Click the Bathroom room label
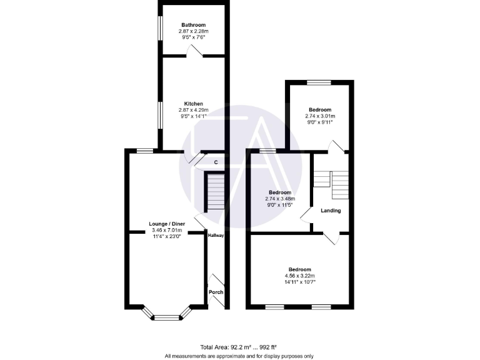193,25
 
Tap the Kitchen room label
193,104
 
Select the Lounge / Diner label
167,224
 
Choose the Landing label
331,211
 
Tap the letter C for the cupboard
216,162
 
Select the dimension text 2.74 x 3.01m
320,116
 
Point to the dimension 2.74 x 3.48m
280,199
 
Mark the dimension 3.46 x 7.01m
167,230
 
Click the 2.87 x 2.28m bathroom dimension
193,31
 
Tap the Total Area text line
239,347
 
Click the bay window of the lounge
166,317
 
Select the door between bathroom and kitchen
194,56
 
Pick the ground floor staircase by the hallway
214,192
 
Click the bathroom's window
160,29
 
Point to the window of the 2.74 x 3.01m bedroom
319,82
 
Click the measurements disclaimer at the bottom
239,356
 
